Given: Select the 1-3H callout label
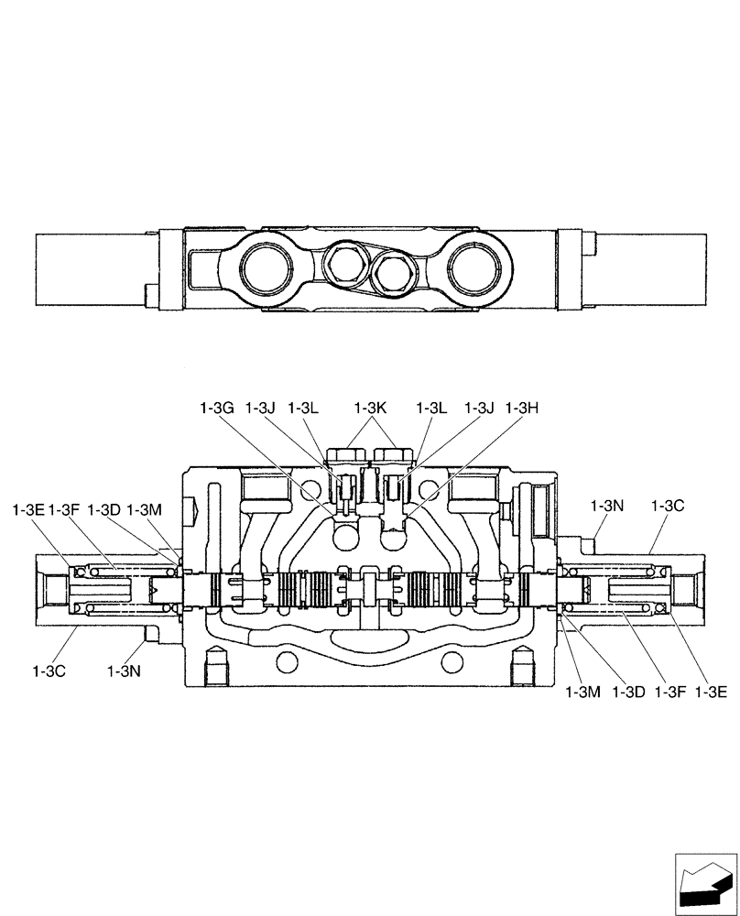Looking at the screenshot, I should point(521,409).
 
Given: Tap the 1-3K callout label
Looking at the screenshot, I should point(372,409).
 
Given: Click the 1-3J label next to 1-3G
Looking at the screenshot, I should point(260,409).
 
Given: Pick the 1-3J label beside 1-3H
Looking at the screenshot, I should point(479,409).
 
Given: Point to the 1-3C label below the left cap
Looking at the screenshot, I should point(49,671).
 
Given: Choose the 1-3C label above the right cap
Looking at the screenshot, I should point(668,505).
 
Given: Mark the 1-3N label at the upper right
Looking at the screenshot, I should point(607,505).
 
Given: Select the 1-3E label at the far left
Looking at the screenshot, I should point(28,508).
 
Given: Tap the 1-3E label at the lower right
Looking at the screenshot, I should point(711,692).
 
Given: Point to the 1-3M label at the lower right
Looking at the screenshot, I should point(582,692).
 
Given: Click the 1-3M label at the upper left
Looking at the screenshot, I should point(145,508).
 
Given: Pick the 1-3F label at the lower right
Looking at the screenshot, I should point(669,692).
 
